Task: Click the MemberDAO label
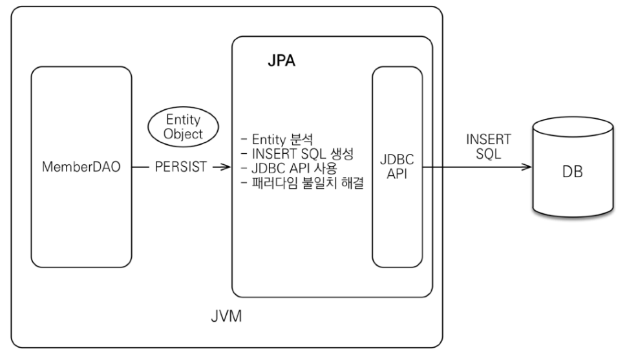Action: coord(82,167)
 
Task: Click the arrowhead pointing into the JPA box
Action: coord(226,167)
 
